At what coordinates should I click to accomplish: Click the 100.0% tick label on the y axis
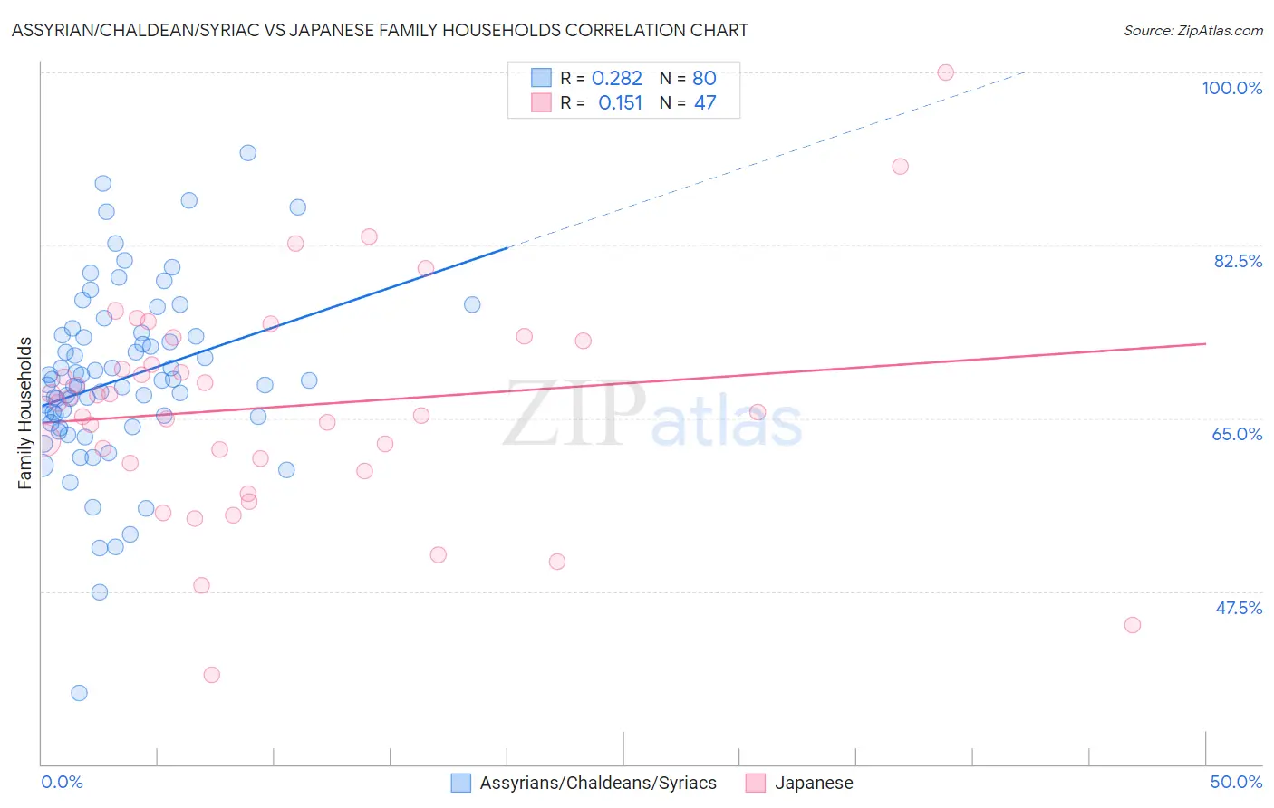coord(1231,88)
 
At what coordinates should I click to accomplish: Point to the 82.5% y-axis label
coord(1238,261)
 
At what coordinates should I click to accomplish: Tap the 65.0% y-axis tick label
coord(1237,434)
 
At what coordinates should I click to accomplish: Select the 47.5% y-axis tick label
coord(1239,608)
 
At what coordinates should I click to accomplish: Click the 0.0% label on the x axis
coord(62,782)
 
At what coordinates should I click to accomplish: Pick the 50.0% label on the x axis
coord(1236,782)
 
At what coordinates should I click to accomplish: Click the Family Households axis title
coord(25,413)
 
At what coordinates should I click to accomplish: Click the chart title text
coord(380,30)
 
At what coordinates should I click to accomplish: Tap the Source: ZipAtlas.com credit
coord(1192,31)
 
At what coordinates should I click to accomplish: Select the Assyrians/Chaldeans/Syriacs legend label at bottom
coord(598,783)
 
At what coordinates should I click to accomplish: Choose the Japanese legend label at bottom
coord(814,783)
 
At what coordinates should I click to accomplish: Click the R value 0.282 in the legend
coord(616,79)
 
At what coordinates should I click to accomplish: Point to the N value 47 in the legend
coord(705,103)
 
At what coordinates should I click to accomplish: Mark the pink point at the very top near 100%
coord(945,72)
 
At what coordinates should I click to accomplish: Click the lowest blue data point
coord(80,693)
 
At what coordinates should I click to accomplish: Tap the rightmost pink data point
coord(1132,625)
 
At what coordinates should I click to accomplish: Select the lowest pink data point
coord(212,675)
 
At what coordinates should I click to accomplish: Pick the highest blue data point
coord(247,153)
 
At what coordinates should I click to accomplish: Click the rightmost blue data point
coord(472,304)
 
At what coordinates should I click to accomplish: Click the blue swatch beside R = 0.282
coord(541,78)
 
